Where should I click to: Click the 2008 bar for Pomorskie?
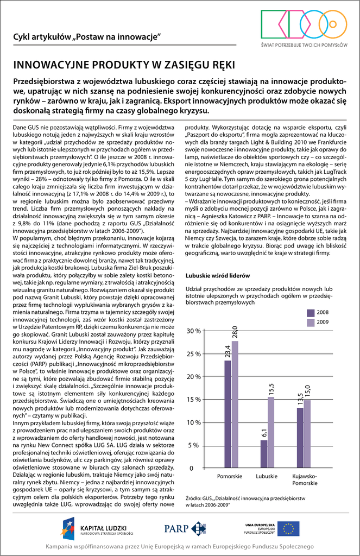point(228,414)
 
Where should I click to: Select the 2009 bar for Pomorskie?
point(235,405)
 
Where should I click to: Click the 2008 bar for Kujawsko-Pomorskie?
point(300,438)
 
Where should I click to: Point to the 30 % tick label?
point(193,331)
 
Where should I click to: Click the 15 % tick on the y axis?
point(193,400)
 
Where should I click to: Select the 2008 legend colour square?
point(311,313)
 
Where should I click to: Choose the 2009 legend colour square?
point(311,323)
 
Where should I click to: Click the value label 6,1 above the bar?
point(264,433)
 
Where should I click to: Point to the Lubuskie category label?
point(267,476)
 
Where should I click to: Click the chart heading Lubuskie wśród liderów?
point(217,276)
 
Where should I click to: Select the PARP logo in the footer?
point(185,528)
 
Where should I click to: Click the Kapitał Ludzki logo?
point(98,528)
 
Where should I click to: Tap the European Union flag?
point(288,528)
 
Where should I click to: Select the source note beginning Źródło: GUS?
point(245,501)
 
